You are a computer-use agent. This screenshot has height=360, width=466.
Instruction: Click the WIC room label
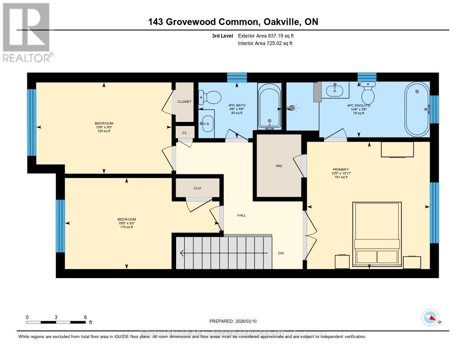pyautogui.click(x=279, y=166)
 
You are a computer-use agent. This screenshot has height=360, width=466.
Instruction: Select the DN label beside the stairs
pyautogui.click(x=281, y=253)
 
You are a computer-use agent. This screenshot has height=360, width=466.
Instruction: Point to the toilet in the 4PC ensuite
pyautogui.click(x=367, y=93)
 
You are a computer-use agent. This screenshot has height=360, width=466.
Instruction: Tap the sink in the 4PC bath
pyautogui.click(x=207, y=122)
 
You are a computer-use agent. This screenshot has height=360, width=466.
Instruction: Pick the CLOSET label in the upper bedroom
pyautogui.click(x=184, y=101)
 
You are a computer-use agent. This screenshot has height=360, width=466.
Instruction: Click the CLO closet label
pyautogui.click(x=197, y=188)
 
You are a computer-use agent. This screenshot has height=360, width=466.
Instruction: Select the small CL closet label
pyautogui.click(x=184, y=133)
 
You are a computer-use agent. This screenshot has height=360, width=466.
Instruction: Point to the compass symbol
pyautogui.click(x=430, y=317)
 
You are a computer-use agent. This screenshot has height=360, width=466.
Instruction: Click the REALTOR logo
pyautogui.click(x=27, y=32)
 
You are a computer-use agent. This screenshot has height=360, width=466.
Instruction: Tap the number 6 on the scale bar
pyautogui.click(x=85, y=317)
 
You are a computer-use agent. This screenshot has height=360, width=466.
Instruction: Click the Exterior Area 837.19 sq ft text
pyautogui.click(x=269, y=35)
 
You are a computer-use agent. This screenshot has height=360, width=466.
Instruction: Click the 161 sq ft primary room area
pyautogui.click(x=341, y=177)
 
